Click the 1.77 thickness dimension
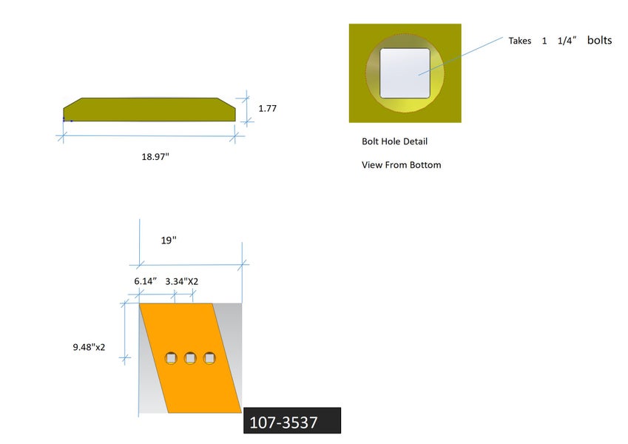[x=268, y=109]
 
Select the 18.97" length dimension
[x=155, y=157]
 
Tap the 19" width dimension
[x=169, y=240]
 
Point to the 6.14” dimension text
[x=146, y=281]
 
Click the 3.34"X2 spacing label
[x=182, y=282]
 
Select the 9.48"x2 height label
[x=89, y=347]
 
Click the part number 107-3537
[x=283, y=423]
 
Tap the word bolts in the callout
[x=600, y=40]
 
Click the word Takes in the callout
[x=520, y=41]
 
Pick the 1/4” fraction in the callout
[x=567, y=41]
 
